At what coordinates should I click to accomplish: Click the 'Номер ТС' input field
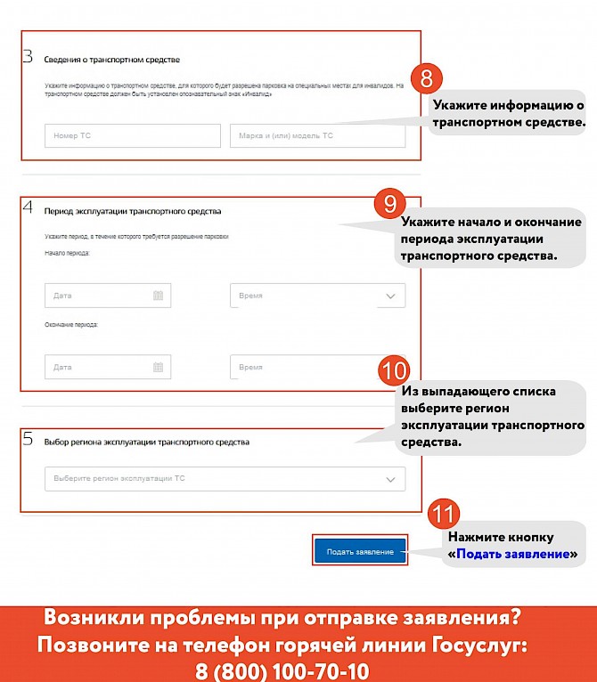(x=132, y=135)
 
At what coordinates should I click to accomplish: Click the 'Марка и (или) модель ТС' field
(x=317, y=135)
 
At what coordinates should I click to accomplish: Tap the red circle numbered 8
(x=426, y=78)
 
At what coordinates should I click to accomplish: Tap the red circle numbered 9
(x=389, y=204)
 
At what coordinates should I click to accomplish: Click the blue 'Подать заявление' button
(x=360, y=552)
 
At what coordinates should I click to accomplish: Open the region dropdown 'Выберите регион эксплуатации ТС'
(x=225, y=479)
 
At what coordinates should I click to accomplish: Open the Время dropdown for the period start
(x=317, y=296)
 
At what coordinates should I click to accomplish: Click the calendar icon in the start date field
(x=159, y=296)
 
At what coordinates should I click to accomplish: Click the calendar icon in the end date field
(x=159, y=367)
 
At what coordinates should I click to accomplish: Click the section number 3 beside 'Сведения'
(x=28, y=57)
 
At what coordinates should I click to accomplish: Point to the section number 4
(x=28, y=208)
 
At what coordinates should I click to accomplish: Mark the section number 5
(x=28, y=439)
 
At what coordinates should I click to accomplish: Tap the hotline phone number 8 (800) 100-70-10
(x=282, y=670)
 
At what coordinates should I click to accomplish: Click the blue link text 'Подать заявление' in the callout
(x=512, y=554)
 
